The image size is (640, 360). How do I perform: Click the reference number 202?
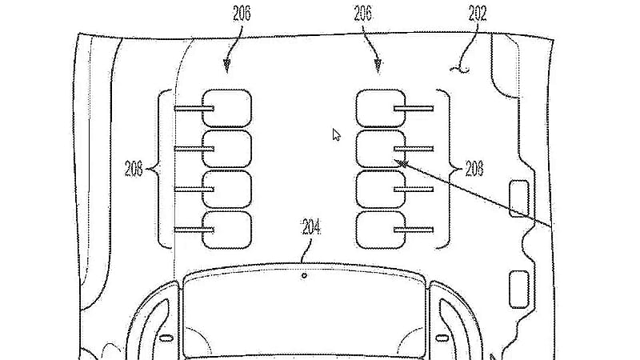[x=478, y=14]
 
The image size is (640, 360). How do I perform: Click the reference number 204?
[x=311, y=227]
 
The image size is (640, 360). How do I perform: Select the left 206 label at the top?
[x=242, y=14]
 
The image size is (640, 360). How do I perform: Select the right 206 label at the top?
[x=363, y=14]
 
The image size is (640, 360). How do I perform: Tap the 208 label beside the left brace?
[x=134, y=168]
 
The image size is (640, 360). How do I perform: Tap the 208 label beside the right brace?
[x=474, y=168]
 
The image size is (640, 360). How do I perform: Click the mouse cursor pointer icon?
[x=336, y=134]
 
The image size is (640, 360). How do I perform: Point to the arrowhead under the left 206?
[x=227, y=66]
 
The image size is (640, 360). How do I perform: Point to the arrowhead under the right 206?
[x=378, y=66]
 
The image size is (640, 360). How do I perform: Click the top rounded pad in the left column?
[x=227, y=108]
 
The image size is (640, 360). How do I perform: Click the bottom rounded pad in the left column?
[x=227, y=230]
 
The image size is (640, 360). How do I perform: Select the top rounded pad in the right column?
[x=381, y=108]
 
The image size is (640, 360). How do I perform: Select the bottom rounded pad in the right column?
[x=381, y=230]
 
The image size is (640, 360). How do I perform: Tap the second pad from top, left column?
[x=227, y=149]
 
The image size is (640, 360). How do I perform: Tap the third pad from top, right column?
[x=381, y=190]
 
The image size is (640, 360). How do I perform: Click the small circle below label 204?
[x=304, y=276]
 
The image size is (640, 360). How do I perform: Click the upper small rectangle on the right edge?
[x=519, y=198]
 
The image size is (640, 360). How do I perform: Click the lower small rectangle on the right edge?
[x=519, y=290]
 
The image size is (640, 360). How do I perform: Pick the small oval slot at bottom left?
[x=166, y=338]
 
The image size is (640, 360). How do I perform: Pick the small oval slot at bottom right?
[x=442, y=338]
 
